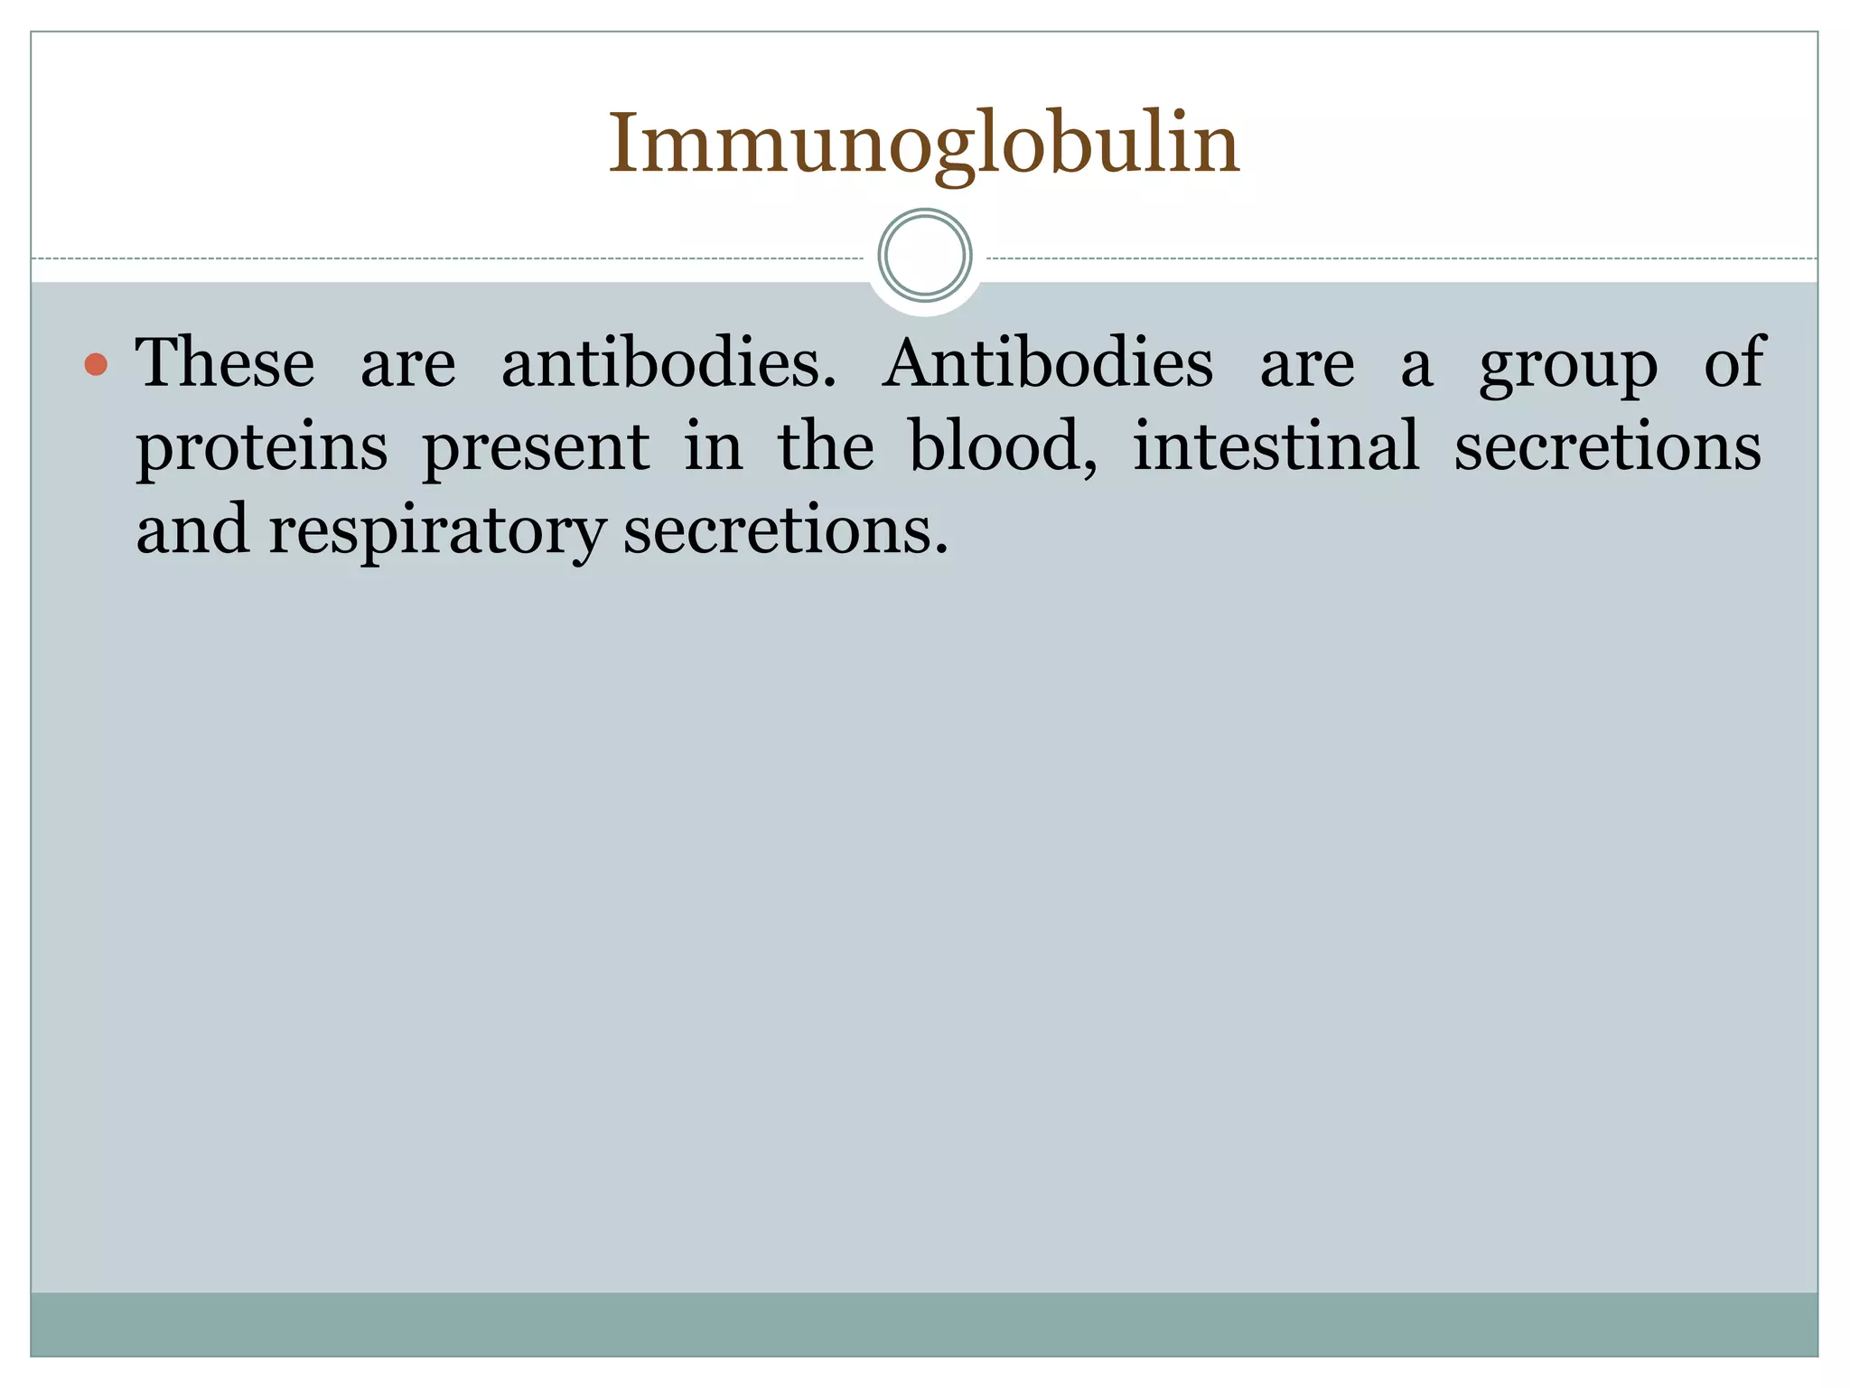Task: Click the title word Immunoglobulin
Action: (x=924, y=145)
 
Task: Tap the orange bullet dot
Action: (x=96, y=365)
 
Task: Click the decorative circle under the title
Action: (x=924, y=256)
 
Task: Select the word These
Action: (x=225, y=363)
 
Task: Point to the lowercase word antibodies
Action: (x=668, y=363)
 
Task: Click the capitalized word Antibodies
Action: (x=1048, y=363)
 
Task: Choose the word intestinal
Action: (x=1275, y=446)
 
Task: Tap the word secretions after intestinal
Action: (x=1607, y=446)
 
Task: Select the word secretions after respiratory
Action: (x=785, y=531)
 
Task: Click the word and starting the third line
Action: (x=192, y=530)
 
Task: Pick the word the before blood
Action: (x=826, y=446)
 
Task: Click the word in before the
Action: (x=713, y=446)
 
